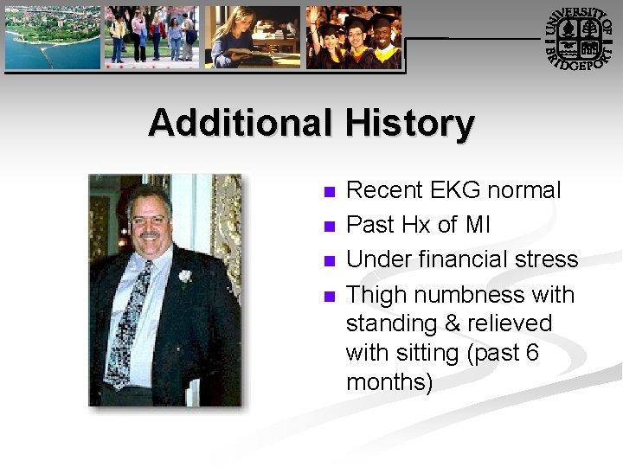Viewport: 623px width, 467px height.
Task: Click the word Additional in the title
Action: click(239, 123)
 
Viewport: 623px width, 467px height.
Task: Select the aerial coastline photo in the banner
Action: click(53, 37)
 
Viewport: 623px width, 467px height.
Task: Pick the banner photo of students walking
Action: click(152, 37)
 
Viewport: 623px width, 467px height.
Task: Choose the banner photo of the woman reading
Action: click(252, 37)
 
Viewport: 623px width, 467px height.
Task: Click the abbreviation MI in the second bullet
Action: click(478, 225)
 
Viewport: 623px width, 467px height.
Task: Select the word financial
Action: click(463, 259)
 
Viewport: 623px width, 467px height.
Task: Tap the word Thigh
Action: click(376, 295)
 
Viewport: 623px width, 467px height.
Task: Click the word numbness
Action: click(470, 295)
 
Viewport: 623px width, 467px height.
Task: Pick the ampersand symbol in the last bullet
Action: click(453, 323)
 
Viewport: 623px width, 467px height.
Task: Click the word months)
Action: click(389, 381)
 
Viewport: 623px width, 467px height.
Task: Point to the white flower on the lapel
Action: click(184, 276)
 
